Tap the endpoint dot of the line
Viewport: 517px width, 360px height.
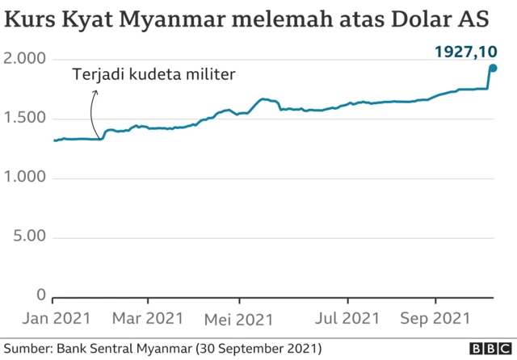coord(492,68)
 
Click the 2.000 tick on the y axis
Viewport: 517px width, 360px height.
coord(24,60)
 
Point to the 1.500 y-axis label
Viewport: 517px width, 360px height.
coord(24,119)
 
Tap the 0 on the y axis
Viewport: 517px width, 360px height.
coord(40,295)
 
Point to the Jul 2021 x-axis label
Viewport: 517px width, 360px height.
coord(348,320)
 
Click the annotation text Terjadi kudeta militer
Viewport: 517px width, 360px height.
coord(153,75)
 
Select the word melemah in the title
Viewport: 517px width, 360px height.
coord(273,19)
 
